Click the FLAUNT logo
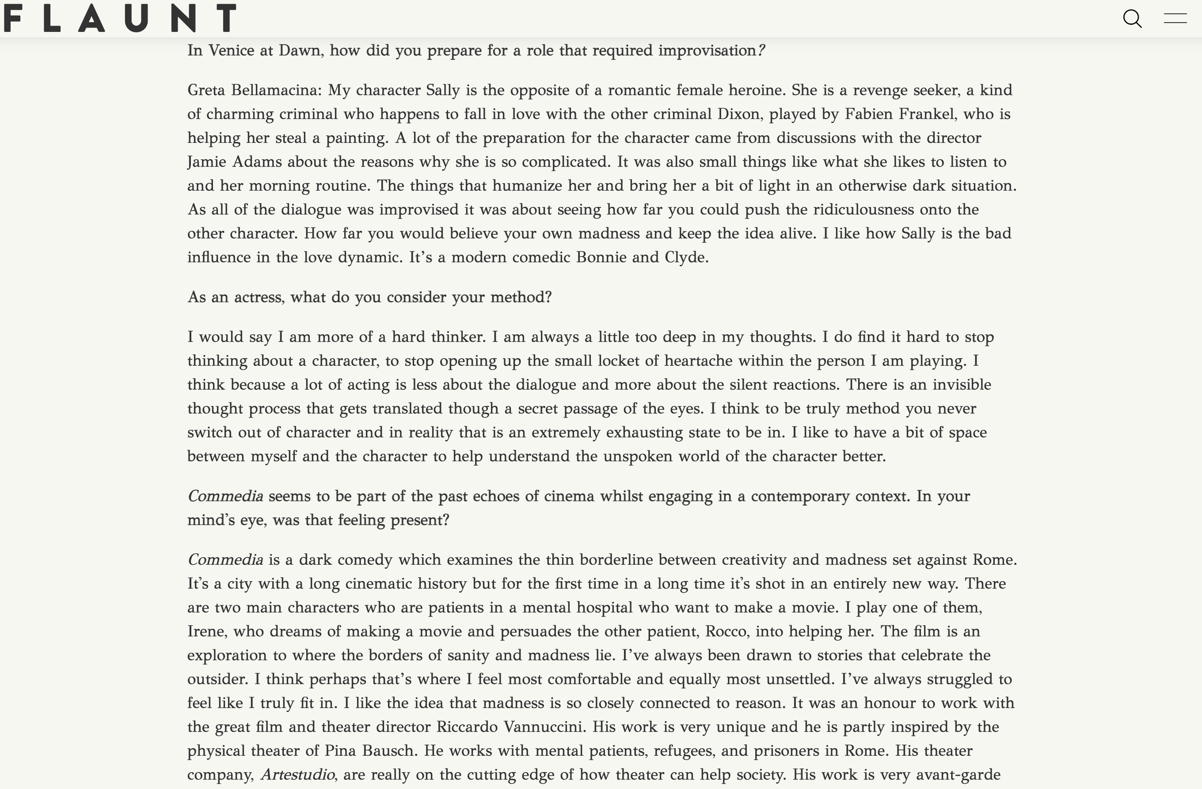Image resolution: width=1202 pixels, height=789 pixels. coord(120,18)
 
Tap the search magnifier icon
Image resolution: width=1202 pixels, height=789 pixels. coord(1132,19)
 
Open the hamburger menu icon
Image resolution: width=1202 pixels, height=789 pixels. coord(1175,19)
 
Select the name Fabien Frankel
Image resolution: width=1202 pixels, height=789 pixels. coord(901,114)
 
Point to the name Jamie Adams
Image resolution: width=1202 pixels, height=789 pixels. coord(234,162)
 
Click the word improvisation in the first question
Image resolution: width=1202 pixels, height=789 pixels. coord(707,51)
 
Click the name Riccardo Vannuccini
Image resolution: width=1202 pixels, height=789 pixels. coord(511,727)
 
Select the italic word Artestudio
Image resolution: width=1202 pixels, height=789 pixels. coord(297,775)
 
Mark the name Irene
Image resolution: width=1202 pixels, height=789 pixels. coord(207,631)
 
